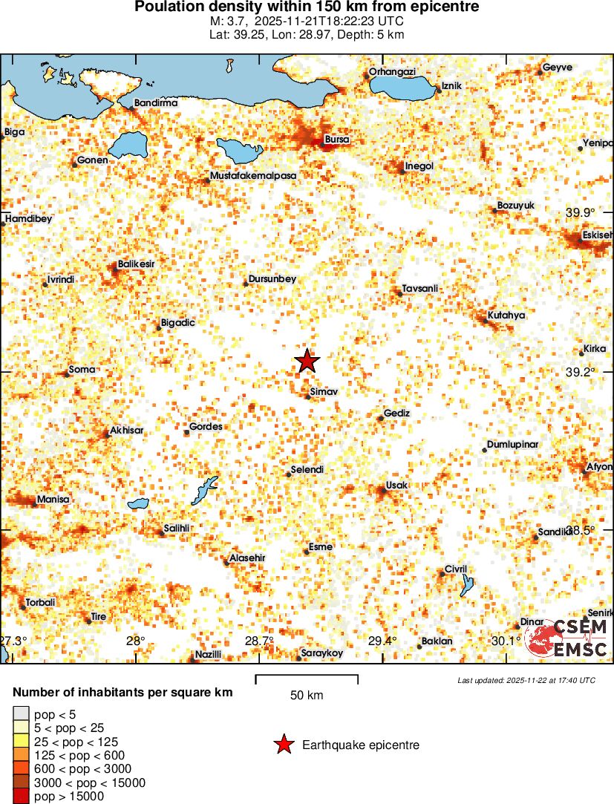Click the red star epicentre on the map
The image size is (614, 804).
(307, 361)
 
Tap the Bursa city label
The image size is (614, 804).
(337, 139)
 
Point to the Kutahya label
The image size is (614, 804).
(506, 315)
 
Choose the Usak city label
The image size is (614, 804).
(397, 485)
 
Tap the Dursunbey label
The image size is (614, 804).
(272, 278)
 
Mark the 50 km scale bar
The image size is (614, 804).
(307, 678)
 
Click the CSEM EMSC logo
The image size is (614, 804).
(567, 638)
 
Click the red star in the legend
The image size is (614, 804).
(283, 745)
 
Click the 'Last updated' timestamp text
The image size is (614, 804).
(526, 680)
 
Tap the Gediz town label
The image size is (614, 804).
(396, 413)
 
